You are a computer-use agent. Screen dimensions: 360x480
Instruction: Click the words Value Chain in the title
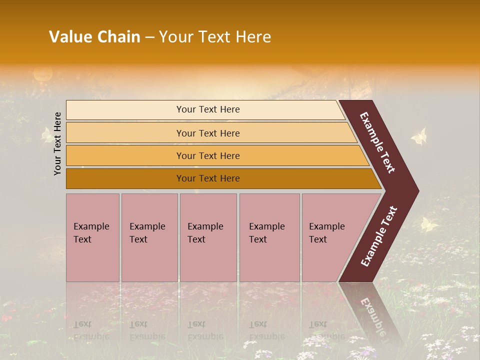pyautogui.click(x=94, y=37)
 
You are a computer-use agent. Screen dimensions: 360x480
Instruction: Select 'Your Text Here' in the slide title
pyautogui.click(x=215, y=37)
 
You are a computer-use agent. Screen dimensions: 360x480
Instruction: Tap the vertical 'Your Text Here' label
pyautogui.click(x=57, y=143)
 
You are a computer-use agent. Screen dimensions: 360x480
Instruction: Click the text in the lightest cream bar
pyautogui.click(x=208, y=109)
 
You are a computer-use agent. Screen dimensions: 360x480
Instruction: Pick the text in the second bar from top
pyautogui.click(x=208, y=133)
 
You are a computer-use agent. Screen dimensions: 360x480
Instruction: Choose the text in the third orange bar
pyautogui.click(x=208, y=155)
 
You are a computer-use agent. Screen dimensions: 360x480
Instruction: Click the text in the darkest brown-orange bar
pyautogui.click(x=208, y=178)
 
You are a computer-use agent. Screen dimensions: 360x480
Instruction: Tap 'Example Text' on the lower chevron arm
pyautogui.click(x=379, y=236)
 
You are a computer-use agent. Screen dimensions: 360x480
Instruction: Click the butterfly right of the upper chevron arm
pyautogui.click(x=419, y=136)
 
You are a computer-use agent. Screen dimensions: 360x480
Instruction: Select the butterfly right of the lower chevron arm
pyautogui.click(x=428, y=224)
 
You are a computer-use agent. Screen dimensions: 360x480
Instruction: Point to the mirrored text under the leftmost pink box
pyautogui.click(x=91, y=330)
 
